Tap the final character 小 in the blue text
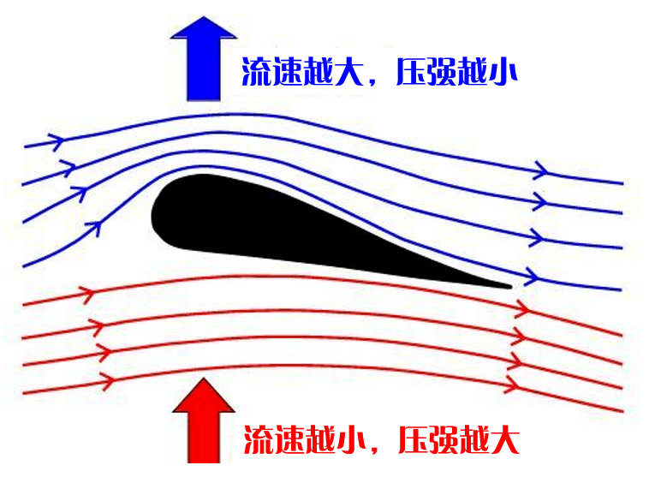[x=503, y=72]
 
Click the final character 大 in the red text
[x=504, y=440]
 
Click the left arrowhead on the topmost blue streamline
[x=57, y=140]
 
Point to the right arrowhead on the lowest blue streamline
[x=532, y=277]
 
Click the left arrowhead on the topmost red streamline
[x=86, y=295]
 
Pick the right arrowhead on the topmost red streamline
[x=520, y=313]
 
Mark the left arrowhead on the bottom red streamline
[x=107, y=379]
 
